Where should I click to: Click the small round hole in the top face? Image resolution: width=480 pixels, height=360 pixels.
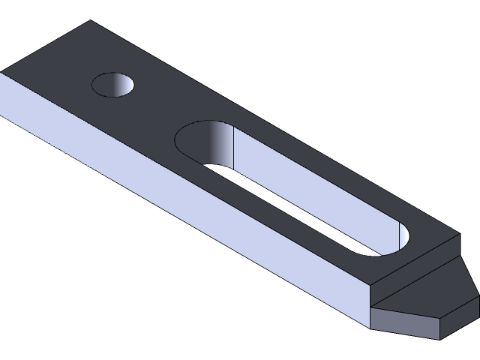click(112, 83)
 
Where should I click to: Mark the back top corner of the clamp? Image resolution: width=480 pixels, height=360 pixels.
click(91, 21)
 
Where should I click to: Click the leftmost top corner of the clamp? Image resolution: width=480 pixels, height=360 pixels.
click(1, 72)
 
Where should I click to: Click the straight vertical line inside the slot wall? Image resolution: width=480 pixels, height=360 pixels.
click(235, 146)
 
